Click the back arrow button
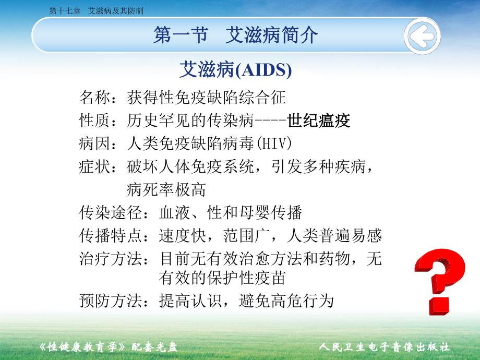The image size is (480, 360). click(x=422, y=37)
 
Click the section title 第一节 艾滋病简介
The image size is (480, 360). click(x=235, y=35)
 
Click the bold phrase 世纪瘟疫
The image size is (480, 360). click(x=319, y=121)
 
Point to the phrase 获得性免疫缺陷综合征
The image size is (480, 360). click(x=207, y=97)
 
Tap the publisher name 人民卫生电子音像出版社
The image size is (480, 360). click(x=384, y=347)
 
